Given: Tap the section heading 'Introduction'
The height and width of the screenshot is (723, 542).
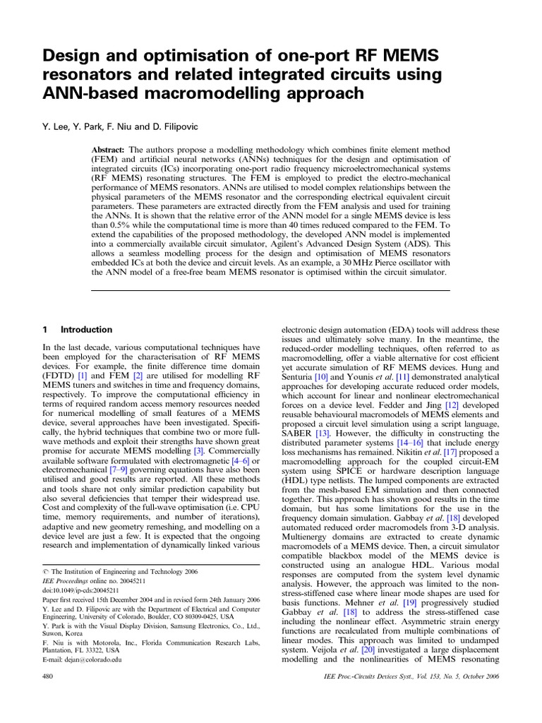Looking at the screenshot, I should click(86, 329).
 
